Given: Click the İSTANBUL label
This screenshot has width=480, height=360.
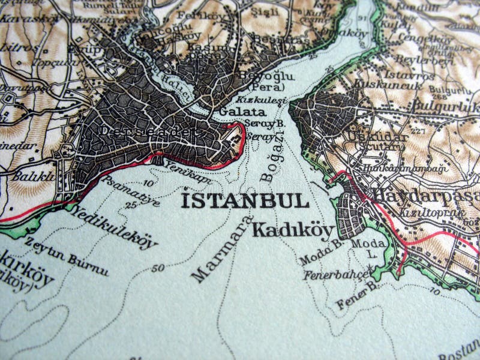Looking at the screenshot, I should pos(245,200).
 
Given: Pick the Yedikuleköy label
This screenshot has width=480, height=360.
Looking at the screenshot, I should pos(113,227).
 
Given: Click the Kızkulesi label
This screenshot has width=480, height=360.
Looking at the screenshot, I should pos(259,100).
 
